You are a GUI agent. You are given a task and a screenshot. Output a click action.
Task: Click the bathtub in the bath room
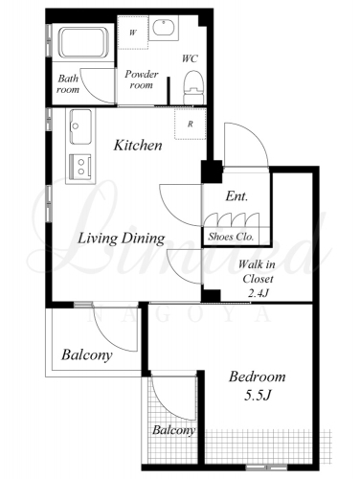pos(83,42)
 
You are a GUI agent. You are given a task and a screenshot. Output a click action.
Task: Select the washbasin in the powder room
pos(163,28)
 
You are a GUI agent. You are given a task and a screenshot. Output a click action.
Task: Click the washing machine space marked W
pos(133,33)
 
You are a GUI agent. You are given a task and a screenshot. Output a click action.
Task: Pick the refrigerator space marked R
pos(191,124)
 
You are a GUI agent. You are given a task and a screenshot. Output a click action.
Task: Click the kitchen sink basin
pos(80,126)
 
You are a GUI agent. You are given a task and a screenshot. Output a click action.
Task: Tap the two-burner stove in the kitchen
pos(79,167)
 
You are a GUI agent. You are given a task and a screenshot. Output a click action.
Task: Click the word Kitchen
pos(138,146)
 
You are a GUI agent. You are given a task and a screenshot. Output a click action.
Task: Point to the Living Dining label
pos(122,239)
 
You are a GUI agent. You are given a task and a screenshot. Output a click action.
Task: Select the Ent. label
pos(236,196)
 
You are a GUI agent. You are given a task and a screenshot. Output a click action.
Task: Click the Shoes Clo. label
pos(231,237)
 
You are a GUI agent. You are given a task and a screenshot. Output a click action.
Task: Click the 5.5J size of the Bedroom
pos(258,396)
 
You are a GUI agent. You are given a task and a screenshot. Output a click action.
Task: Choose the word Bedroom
pos(258,376)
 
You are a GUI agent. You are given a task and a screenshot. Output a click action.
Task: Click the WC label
pos(190,58)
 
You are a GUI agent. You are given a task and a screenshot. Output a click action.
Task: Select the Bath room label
pos(68,84)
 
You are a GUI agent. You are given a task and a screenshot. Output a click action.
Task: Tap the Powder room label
pos(141,80)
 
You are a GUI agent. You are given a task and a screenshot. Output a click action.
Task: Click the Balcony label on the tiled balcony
pos(173,430)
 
